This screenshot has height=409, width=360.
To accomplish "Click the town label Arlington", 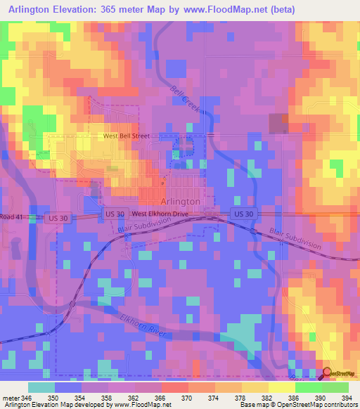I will click(x=181, y=201).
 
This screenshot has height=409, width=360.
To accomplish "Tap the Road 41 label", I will click(x=12, y=218).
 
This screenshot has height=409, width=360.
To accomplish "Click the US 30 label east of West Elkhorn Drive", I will click(x=244, y=213).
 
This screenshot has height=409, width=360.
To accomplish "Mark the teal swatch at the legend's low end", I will click(x=41, y=387).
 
